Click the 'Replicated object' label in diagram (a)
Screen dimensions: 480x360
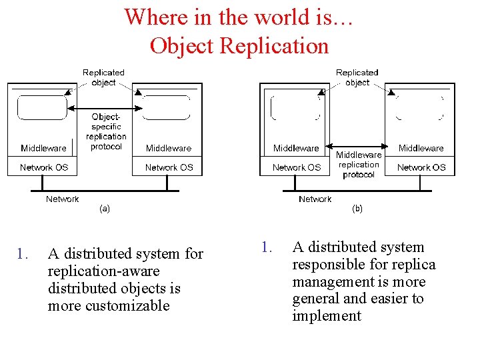coord(103,77)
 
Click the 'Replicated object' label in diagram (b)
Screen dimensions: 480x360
coord(357,77)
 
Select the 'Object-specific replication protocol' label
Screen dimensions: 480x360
coord(106,131)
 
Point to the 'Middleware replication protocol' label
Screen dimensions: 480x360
coord(359,165)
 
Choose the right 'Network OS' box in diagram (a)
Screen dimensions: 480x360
coord(169,167)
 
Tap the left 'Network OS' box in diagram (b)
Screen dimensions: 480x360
coord(296,167)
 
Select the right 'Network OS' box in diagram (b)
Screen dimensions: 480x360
coord(421,167)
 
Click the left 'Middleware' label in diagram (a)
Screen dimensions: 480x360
coord(43,148)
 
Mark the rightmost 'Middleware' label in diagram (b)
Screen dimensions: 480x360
coord(421,148)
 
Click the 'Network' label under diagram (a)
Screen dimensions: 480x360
coord(62,199)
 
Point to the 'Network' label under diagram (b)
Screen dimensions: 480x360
coord(315,199)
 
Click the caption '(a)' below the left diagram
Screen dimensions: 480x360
coord(105,208)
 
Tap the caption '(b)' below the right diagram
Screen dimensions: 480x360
coord(357,208)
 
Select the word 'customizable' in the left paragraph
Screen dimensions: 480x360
coord(109,306)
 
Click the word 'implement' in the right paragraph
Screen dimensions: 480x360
coord(326,316)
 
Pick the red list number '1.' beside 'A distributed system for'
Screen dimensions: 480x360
coord(23,254)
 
